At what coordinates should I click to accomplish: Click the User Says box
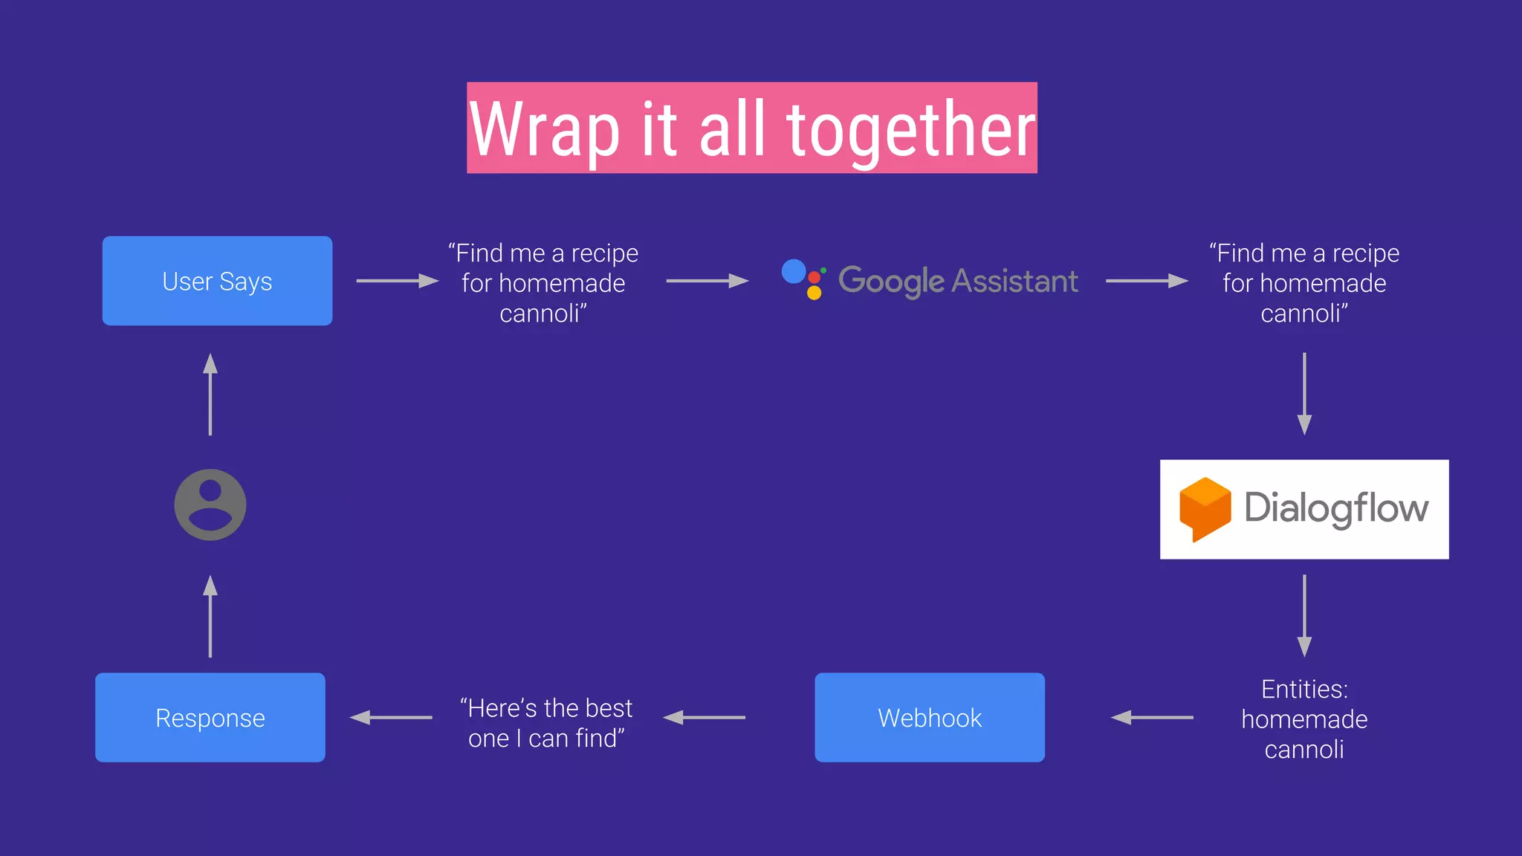pyautogui.click(x=217, y=281)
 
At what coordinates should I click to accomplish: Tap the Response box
pyautogui.click(x=210, y=718)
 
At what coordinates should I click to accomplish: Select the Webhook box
pyautogui.click(x=930, y=718)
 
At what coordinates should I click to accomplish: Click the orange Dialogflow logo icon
pyautogui.click(x=1205, y=509)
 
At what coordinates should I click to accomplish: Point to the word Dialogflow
pyautogui.click(x=1336, y=509)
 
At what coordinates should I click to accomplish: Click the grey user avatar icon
pyautogui.click(x=210, y=505)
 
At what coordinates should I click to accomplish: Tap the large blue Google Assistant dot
pyautogui.click(x=794, y=271)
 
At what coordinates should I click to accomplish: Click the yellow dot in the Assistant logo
pyautogui.click(x=815, y=293)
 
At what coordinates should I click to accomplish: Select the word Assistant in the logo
pyautogui.click(x=1014, y=281)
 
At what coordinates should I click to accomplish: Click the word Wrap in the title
pyautogui.click(x=545, y=130)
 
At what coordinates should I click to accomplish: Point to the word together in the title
pyautogui.click(x=911, y=130)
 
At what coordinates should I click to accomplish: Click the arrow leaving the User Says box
pyautogui.click(x=398, y=281)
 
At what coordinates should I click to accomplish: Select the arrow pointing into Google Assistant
pyautogui.click(x=707, y=281)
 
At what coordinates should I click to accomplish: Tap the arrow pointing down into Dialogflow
pyautogui.click(x=1304, y=394)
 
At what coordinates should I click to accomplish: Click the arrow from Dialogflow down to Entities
pyautogui.click(x=1304, y=615)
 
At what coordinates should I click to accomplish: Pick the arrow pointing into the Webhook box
pyautogui.click(x=1152, y=718)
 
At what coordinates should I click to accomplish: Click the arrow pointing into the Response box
pyautogui.click(x=391, y=718)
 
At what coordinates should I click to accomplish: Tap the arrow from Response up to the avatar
pyautogui.click(x=210, y=617)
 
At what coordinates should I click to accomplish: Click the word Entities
pyautogui.click(x=1304, y=690)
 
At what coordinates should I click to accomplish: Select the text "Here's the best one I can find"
pyautogui.click(x=547, y=723)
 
